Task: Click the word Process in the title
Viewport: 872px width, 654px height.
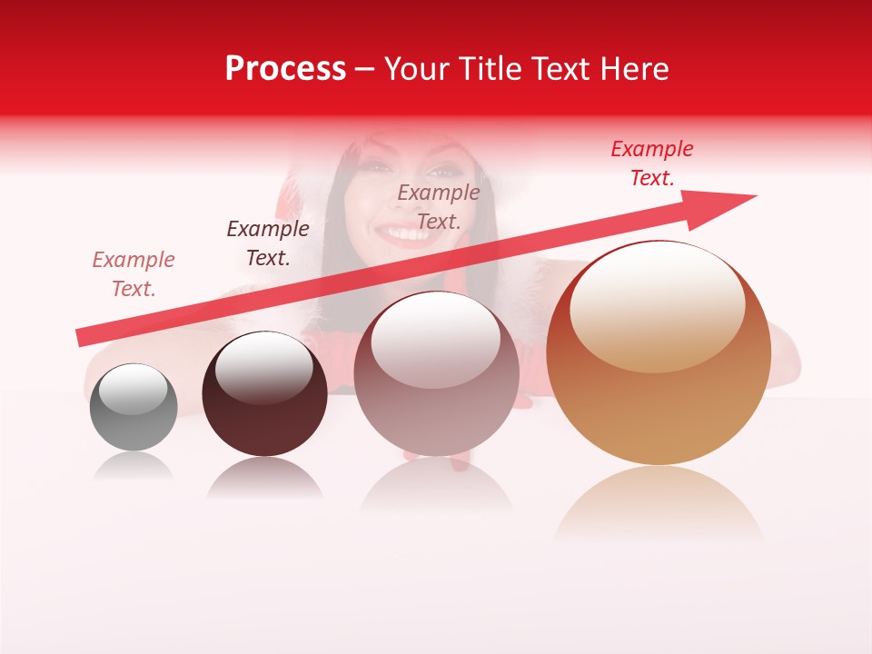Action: pos(285,69)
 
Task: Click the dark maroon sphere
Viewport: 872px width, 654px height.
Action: pos(264,395)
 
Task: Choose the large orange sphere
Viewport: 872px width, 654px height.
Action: pos(659,354)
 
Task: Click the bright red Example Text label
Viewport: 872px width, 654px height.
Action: pos(652,163)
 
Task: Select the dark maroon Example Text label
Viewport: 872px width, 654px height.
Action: pos(268,243)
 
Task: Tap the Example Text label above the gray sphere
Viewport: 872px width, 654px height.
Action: pos(134,274)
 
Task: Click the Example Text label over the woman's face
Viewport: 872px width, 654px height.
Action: pos(439,207)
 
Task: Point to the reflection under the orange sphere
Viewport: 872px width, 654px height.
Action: pos(659,500)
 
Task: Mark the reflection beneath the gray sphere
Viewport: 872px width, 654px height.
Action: pos(134,465)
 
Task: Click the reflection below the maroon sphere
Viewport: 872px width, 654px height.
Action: pos(264,476)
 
